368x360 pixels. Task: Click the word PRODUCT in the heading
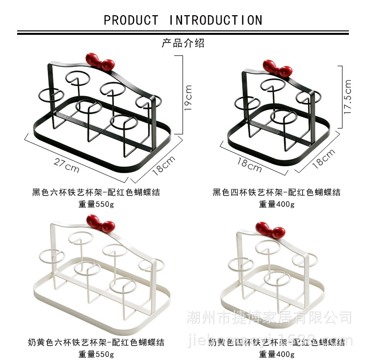131,21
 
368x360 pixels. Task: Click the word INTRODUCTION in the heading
216,21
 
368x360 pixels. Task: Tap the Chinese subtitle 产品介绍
183,43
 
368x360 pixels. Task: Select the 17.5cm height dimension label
348,97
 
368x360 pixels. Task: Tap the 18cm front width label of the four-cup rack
250,165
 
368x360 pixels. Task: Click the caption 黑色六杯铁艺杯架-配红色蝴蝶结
96,192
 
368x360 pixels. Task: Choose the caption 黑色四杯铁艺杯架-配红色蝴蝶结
276,192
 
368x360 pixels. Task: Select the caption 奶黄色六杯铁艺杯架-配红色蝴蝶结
96,342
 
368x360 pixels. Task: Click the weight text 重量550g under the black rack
96,205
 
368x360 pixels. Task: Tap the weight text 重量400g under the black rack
277,205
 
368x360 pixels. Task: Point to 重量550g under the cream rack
96,354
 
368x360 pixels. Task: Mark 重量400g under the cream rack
277,354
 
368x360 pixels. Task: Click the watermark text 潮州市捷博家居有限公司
269,317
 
